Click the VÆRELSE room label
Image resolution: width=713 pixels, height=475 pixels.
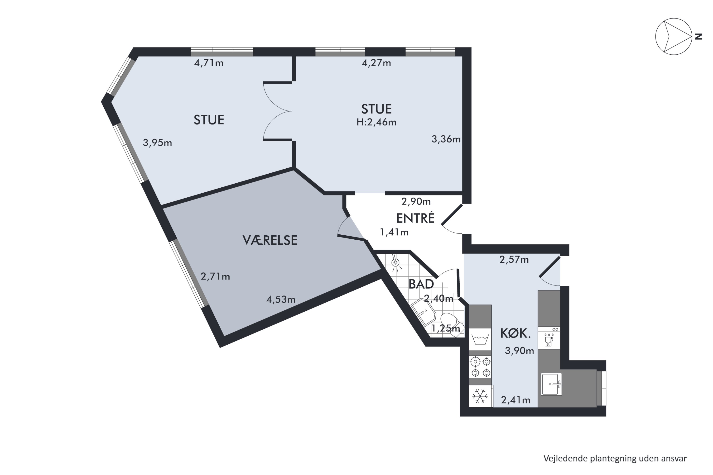click(270, 240)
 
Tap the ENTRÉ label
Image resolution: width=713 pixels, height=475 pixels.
click(415, 218)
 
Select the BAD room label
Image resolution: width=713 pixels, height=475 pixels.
click(421, 284)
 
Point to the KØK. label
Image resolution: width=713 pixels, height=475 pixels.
click(515, 333)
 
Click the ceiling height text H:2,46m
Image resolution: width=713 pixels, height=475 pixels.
click(376, 122)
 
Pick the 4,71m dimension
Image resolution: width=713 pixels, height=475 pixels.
click(209, 63)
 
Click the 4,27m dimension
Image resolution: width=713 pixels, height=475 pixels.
click(376, 63)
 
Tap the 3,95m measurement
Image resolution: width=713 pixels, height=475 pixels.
click(157, 143)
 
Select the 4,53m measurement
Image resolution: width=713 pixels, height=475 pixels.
click(281, 299)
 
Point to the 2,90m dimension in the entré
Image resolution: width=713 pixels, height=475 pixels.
click(416, 201)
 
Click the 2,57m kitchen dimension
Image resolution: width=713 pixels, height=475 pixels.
click(514, 260)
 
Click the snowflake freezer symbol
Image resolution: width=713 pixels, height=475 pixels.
click(480, 396)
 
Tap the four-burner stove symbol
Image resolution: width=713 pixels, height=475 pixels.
click(481, 367)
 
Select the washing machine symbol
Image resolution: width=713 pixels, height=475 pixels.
click(481, 340)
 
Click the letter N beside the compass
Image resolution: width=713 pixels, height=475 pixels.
click(698, 37)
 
